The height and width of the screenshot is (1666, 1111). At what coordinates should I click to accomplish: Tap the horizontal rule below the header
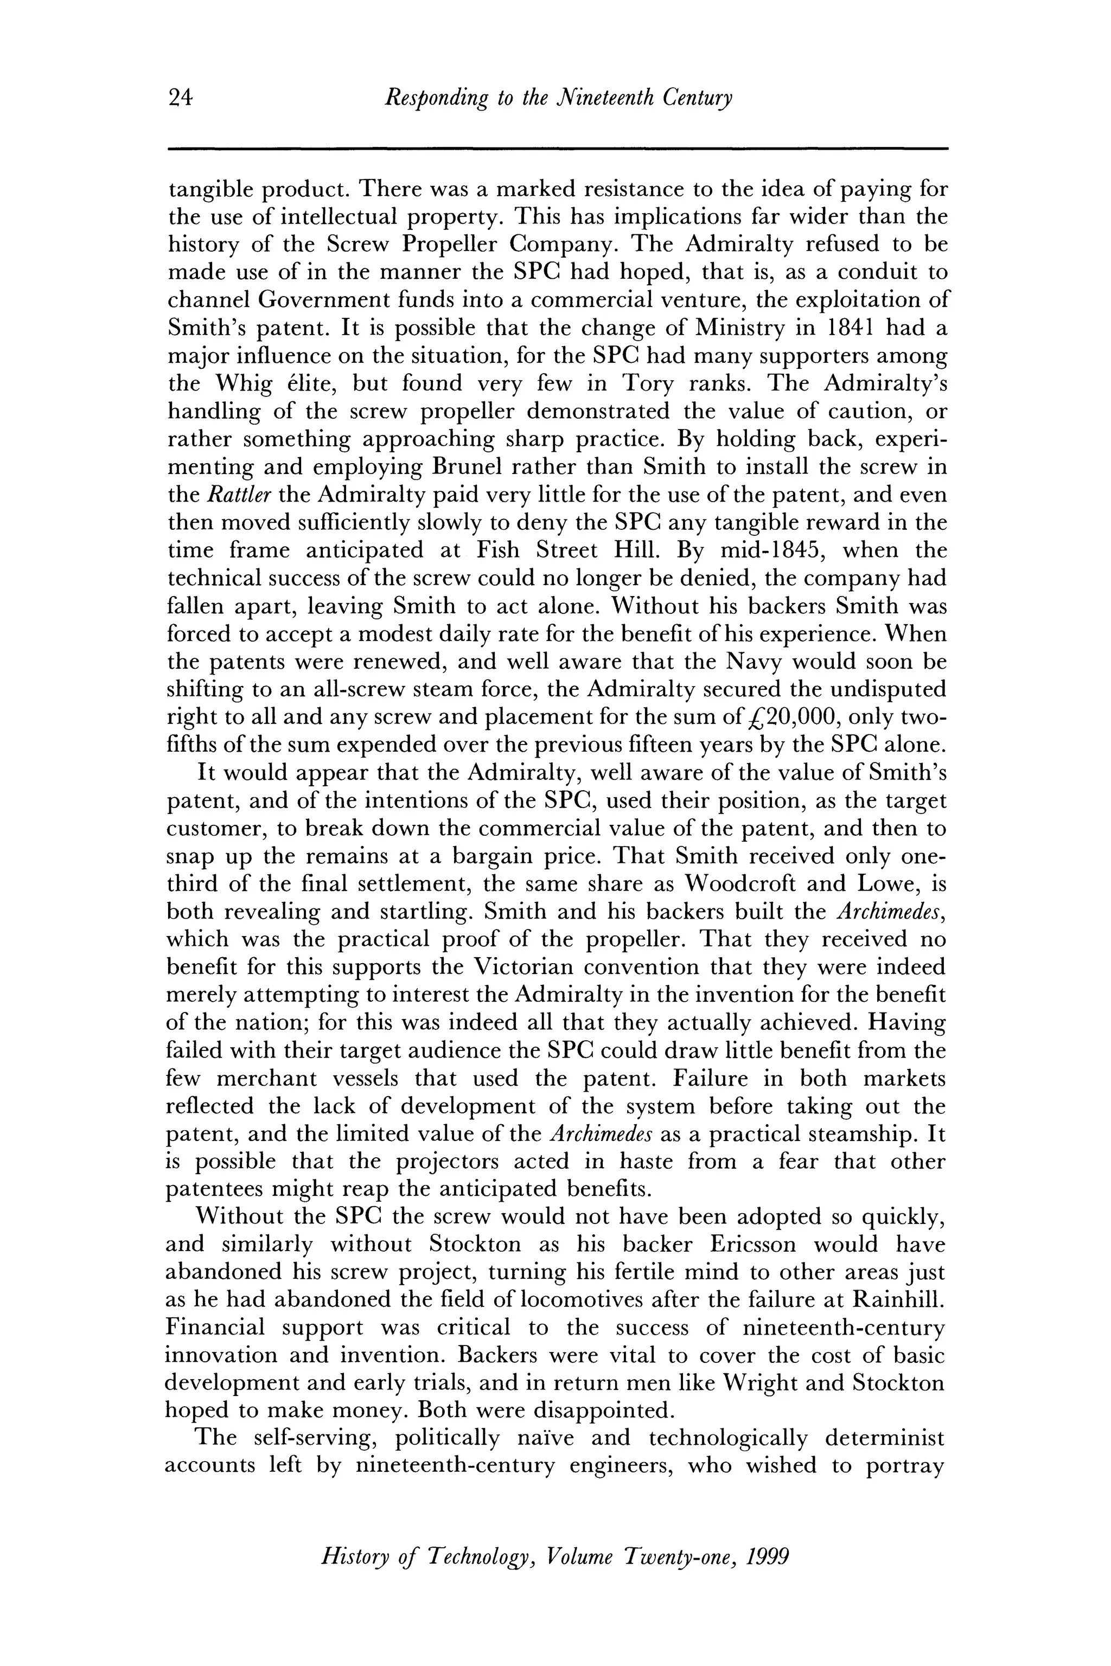(x=557, y=149)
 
